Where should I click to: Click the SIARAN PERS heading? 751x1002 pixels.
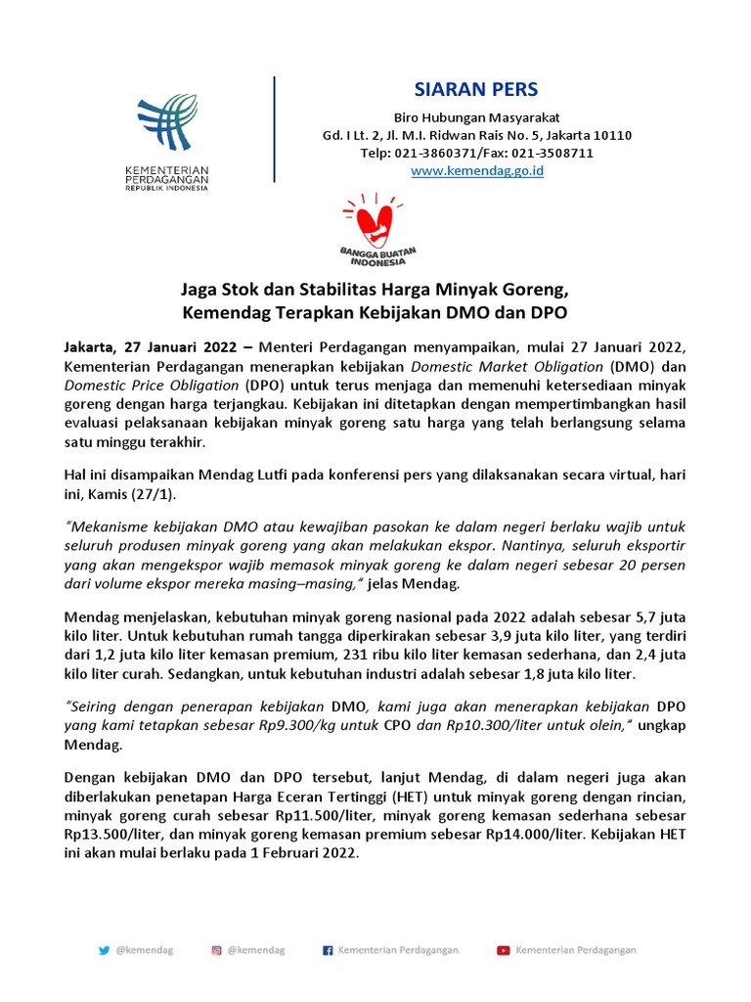click(x=475, y=90)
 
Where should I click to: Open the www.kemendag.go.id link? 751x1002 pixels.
click(x=476, y=170)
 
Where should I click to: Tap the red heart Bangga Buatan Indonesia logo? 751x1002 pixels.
click(x=378, y=226)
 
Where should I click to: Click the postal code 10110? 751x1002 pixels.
click(x=612, y=135)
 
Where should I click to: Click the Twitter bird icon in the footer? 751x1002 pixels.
click(x=104, y=949)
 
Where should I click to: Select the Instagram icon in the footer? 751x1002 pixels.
click(x=216, y=949)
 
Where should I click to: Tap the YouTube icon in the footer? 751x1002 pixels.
click(x=503, y=949)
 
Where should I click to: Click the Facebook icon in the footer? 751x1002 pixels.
click(x=328, y=949)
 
